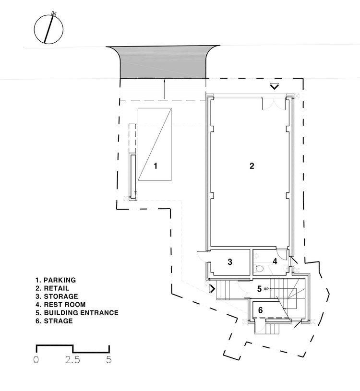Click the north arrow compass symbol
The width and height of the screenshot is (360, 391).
click(x=49, y=29)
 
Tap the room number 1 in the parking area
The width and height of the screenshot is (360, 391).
click(x=156, y=166)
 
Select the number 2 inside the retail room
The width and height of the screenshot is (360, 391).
click(x=252, y=166)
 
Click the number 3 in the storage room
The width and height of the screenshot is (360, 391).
click(x=230, y=262)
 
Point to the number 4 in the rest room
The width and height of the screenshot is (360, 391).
click(x=275, y=261)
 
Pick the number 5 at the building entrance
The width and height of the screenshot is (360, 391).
click(x=259, y=289)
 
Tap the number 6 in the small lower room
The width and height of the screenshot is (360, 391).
click(x=261, y=310)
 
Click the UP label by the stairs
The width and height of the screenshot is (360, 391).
click(x=266, y=288)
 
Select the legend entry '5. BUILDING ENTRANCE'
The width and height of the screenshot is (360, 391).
click(x=76, y=313)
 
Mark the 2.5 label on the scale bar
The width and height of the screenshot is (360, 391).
click(x=73, y=359)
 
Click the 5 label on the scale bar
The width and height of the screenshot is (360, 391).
click(x=109, y=359)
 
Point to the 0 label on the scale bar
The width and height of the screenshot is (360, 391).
click(x=36, y=359)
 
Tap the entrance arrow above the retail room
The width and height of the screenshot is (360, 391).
click(x=274, y=86)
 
